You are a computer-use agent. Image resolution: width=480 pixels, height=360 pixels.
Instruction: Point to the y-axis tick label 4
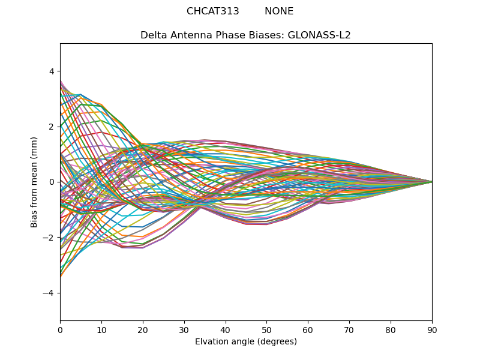tap(52, 71)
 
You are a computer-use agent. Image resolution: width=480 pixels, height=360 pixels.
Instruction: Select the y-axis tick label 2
tap(52, 127)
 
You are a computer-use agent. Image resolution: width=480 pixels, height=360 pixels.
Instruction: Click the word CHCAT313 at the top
tap(213, 11)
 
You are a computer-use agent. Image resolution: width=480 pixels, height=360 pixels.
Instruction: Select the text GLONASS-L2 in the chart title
tap(319, 35)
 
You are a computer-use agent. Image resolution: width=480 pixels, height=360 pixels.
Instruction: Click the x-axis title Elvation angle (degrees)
tap(246, 341)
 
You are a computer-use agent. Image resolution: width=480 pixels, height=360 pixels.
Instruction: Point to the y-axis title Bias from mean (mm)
tap(35, 182)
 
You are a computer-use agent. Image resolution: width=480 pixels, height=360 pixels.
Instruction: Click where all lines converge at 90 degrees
tap(431, 182)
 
